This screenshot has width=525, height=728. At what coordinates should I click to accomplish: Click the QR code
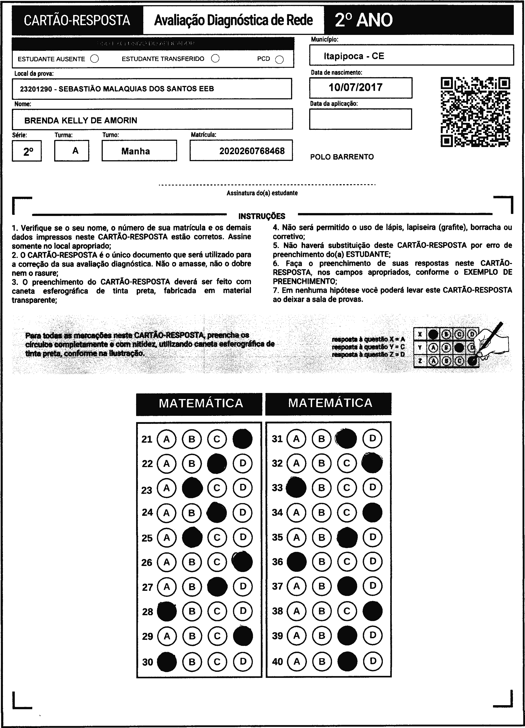[x=475, y=112]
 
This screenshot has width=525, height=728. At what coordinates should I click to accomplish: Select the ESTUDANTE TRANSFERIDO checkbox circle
[x=215, y=58]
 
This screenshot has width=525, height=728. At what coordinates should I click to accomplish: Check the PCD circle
[x=279, y=60]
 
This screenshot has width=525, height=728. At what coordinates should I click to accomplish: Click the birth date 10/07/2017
[x=356, y=87]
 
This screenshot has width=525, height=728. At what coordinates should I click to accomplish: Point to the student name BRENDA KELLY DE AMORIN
[x=81, y=120]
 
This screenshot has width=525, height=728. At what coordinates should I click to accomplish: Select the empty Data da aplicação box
[x=360, y=119]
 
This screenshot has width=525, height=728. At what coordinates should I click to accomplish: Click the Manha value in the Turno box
[x=135, y=151]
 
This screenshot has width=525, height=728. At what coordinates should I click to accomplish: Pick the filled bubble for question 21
[x=242, y=439]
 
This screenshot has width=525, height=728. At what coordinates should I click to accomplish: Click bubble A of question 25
[x=166, y=537]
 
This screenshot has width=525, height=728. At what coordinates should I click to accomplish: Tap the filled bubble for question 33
[x=296, y=488]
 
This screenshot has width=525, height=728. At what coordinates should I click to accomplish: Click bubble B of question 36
[x=321, y=561]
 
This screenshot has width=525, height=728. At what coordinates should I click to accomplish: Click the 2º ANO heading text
[x=364, y=20]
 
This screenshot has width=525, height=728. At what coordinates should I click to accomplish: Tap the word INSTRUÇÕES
[x=262, y=216]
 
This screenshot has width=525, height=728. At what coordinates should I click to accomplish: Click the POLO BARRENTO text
[x=342, y=157]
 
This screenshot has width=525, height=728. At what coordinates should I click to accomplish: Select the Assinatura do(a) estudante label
[x=262, y=193]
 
